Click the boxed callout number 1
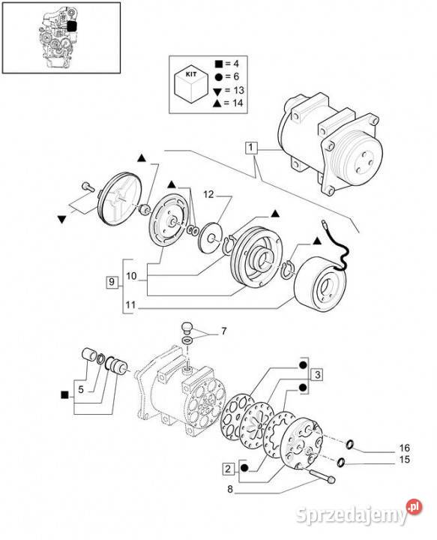pos(251,148)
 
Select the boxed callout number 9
pos(111,282)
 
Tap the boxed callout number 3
pos(317,374)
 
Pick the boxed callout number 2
pos(228,469)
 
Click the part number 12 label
pos(208,194)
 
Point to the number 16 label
pos(404,448)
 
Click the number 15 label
pos(404,460)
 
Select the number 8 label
pos(230,489)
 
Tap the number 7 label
pos(224,331)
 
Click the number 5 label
pos(81,389)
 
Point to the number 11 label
pos(130,305)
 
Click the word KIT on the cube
pos(191,74)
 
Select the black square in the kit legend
pos(218,64)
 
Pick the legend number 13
pos(238,90)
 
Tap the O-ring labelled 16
pos(349,445)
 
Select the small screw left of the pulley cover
pos(88,187)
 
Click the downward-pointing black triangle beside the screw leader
pos(61,219)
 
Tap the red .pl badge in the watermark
pos(414,507)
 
